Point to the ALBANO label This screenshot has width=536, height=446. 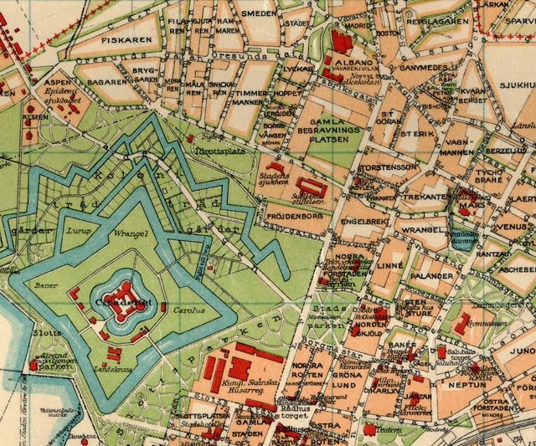pyautogui.click(x=348, y=62)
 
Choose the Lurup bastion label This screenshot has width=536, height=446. pyautogui.click(x=76, y=228)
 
